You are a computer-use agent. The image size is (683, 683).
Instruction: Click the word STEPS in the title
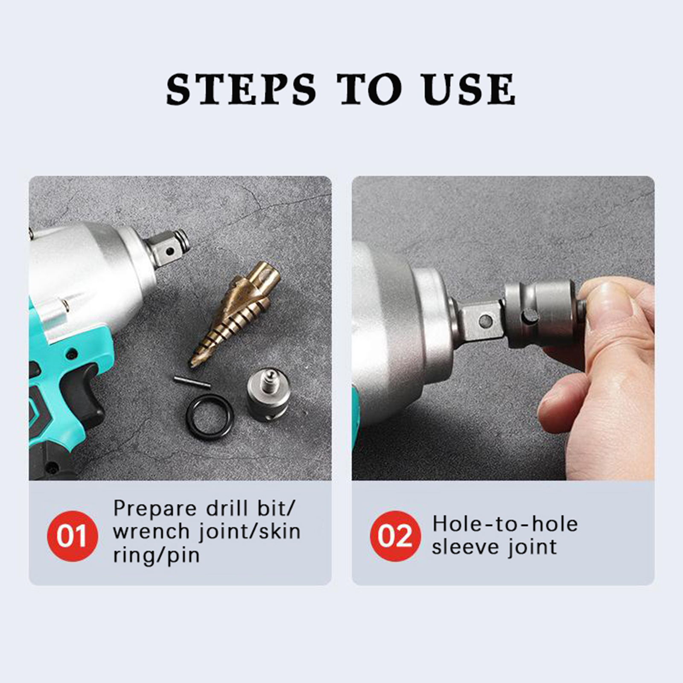coord(241,89)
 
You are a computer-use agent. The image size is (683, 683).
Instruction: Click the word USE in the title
coord(469,89)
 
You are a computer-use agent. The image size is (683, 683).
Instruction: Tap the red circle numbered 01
coord(72,536)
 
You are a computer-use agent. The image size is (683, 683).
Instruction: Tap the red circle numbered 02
coord(395,536)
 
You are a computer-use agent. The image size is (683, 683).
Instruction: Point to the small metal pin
coord(192,382)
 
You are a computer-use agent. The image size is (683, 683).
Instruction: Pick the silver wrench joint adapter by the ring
coord(268,395)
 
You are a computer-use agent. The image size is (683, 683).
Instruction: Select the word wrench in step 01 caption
coord(151,531)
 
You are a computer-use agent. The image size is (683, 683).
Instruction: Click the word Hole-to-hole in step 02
coord(505,524)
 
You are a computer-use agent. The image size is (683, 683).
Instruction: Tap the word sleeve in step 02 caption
coord(465,547)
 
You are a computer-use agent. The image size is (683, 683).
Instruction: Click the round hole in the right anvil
coord(485,321)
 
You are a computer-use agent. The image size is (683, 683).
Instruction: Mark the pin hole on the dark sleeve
coord(529,317)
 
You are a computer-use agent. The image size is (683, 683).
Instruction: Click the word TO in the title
coord(370,89)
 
